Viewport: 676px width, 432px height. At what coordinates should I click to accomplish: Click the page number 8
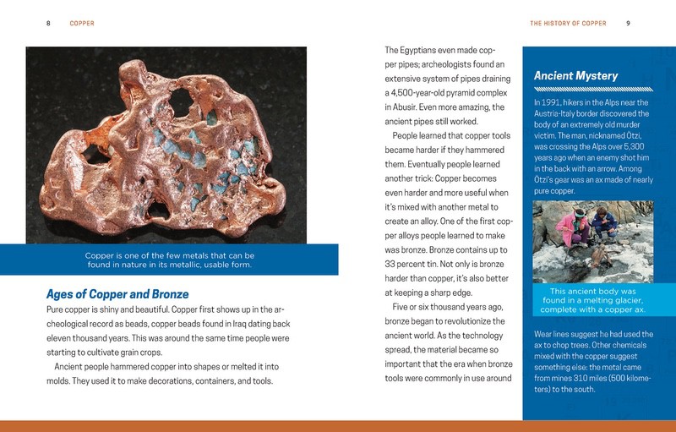(x=49, y=23)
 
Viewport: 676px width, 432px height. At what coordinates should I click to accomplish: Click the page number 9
(x=629, y=23)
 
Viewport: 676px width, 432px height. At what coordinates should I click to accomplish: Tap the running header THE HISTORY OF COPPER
(x=568, y=23)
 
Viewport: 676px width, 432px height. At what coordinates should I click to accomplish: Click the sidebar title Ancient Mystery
(x=576, y=76)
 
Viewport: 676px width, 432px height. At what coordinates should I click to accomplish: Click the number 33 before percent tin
(x=391, y=263)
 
